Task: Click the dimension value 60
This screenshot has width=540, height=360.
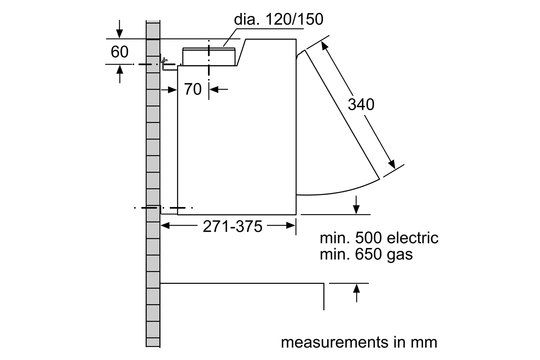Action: click(120, 51)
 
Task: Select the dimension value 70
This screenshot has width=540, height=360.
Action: click(193, 89)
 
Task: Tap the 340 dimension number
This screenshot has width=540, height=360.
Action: click(361, 104)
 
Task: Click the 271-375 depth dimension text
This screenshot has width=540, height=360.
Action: click(233, 226)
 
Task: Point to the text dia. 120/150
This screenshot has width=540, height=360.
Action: click(278, 19)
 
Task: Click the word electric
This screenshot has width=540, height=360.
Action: click(413, 238)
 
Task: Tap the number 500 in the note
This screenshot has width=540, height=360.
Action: click(369, 238)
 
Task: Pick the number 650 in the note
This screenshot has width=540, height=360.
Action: click(369, 254)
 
